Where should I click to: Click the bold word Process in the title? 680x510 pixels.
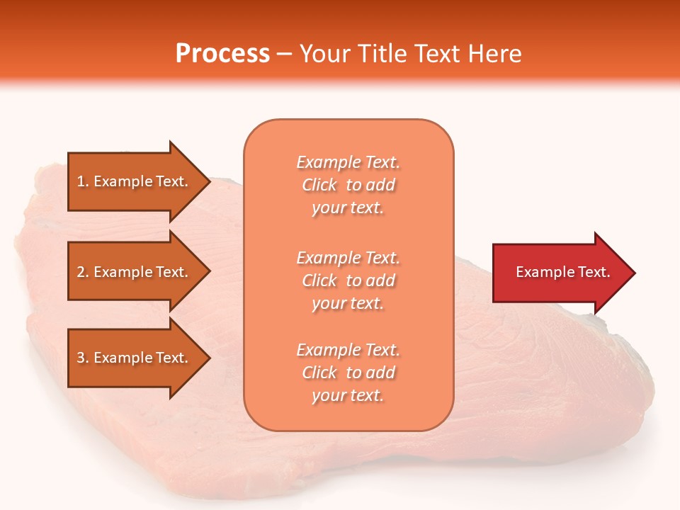pyautogui.click(x=222, y=54)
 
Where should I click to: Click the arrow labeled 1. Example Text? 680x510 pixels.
pyautogui.click(x=135, y=181)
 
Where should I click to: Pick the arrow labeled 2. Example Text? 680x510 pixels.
pyautogui.click(x=135, y=272)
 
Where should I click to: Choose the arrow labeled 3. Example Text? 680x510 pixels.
pyautogui.click(x=135, y=358)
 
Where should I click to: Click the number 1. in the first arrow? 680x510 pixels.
pyautogui.click(x=83, y=181)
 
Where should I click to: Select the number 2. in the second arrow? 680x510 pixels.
pyautogui.click(x=83, y=272)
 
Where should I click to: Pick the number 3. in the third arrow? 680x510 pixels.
pyautogui.click(x=83, y=358)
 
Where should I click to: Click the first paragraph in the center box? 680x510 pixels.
pyautogui.click(x=348, y=185)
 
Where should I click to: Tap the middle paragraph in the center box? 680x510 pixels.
pyautogui.click(x=348, y=280)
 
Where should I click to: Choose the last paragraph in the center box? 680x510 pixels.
pyautogui.click(x=348, y=373)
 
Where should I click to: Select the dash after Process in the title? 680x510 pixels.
pyautogui.click(x=285, y=55)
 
